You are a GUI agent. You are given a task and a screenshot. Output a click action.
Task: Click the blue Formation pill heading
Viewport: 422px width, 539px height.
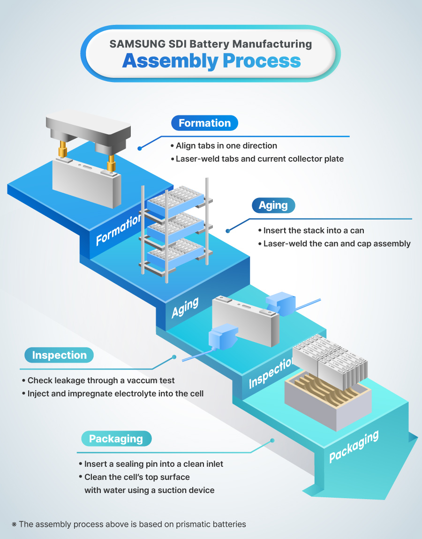204,123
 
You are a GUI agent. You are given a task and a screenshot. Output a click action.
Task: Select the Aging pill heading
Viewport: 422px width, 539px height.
273,205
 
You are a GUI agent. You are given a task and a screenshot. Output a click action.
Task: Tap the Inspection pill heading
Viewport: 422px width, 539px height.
59,355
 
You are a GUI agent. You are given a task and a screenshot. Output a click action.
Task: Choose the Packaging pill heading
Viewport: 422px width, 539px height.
115,439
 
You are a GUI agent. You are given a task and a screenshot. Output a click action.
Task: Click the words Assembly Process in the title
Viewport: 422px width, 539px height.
211,61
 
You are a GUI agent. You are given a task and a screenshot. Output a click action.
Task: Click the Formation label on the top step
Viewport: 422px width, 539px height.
118,230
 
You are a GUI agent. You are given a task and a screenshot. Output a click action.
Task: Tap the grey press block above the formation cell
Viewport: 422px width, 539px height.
89,129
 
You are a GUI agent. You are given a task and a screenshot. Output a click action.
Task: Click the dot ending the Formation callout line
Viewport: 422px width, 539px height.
139,148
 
